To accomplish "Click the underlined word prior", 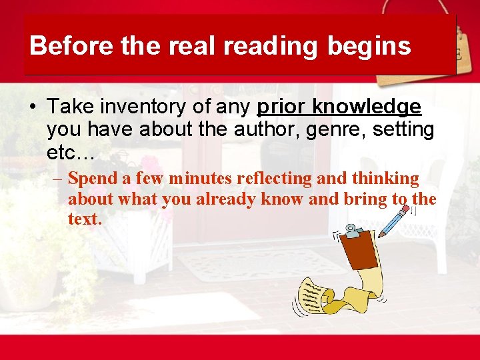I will pos(280,107).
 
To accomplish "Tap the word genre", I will pos(323,130).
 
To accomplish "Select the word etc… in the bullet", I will pos(71,153).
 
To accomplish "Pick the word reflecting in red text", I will pos(276,179).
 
